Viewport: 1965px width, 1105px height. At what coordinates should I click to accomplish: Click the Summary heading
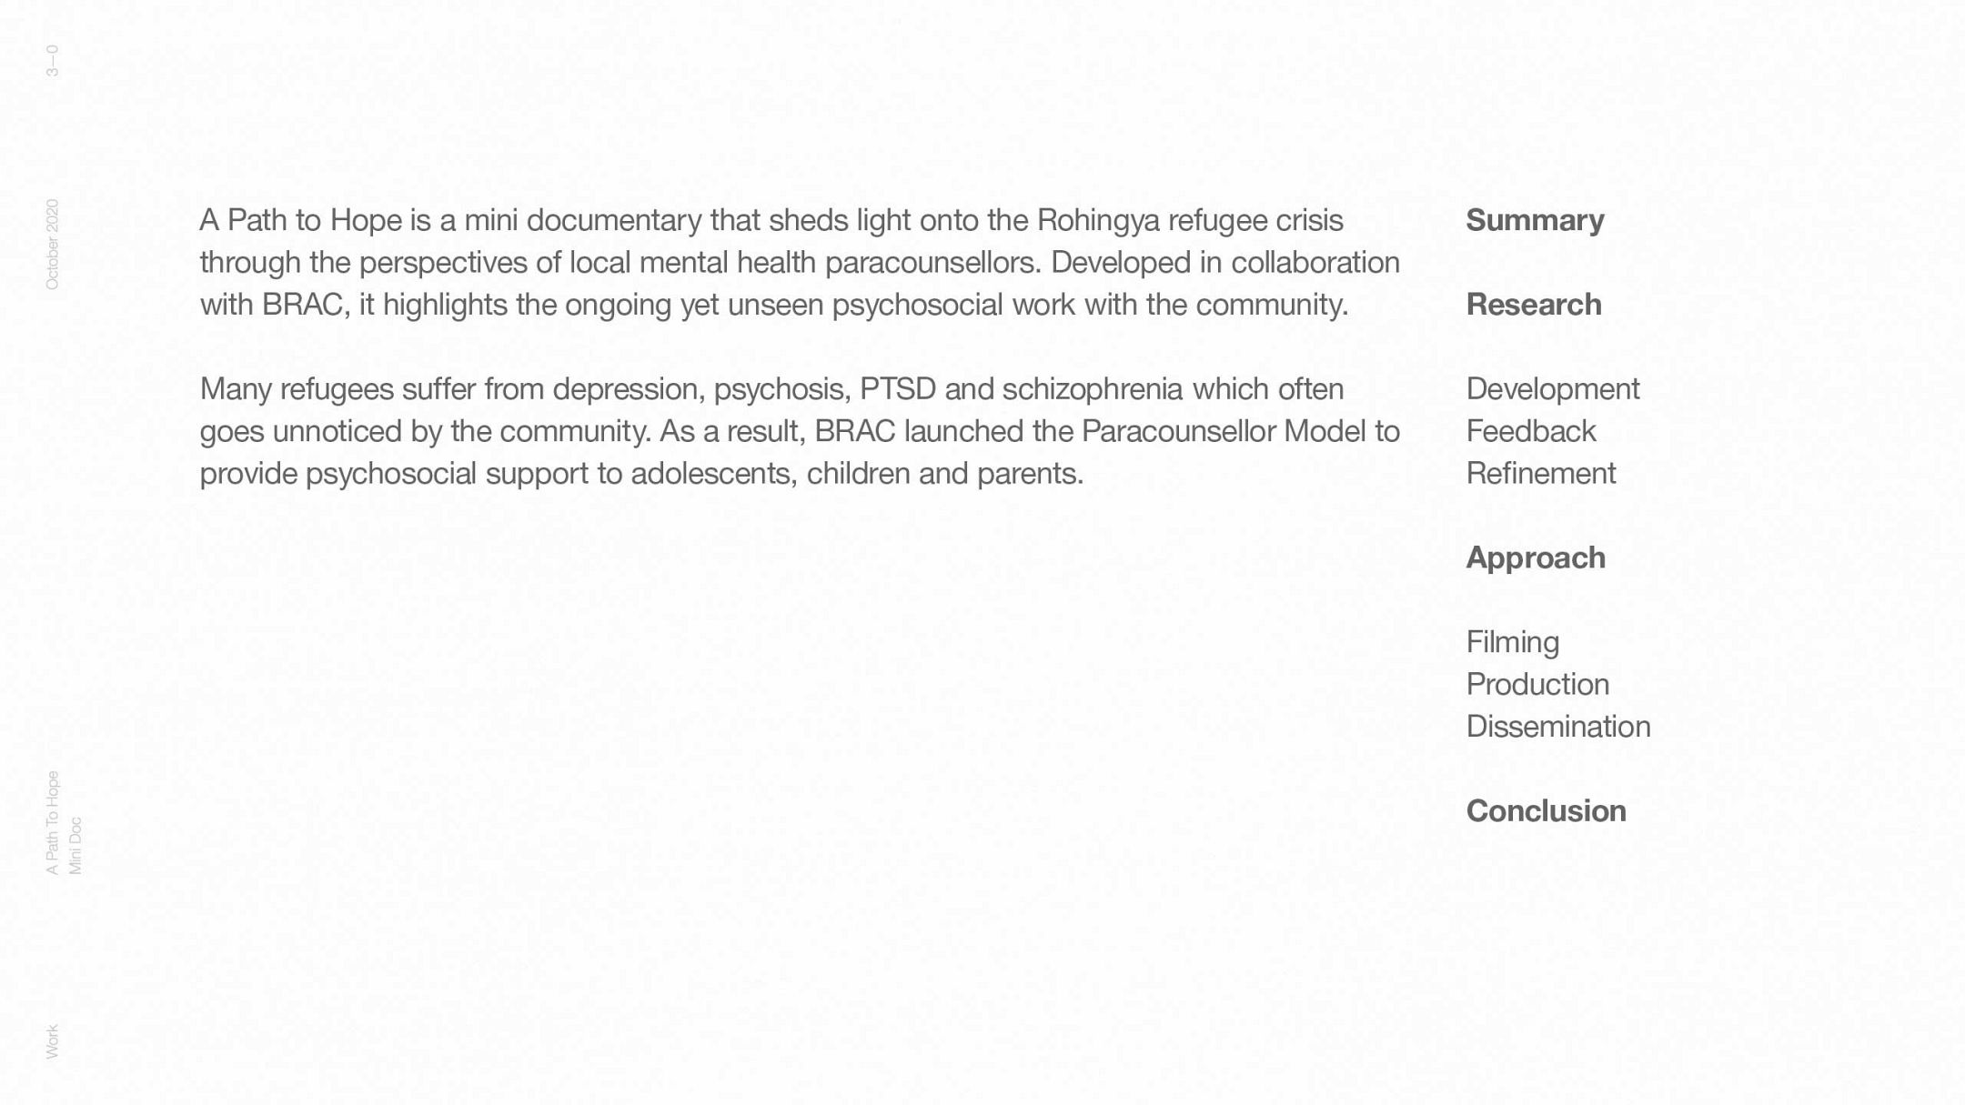pos(1535,220)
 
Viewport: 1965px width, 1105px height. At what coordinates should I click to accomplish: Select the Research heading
pos(1533,305)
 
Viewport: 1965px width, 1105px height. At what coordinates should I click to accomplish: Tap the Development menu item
pos(1552,389)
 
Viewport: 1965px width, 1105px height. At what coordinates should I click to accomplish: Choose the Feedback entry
pos(1530,431)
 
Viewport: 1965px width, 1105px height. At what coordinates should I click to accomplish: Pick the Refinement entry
pos(1540,474)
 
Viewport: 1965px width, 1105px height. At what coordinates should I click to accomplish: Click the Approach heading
pos(1535,558)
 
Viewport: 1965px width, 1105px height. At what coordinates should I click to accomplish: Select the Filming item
pos(1512,642)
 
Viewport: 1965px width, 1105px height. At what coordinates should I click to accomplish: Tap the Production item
pos(1537,684)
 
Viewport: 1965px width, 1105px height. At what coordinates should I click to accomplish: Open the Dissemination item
pos(1557,727)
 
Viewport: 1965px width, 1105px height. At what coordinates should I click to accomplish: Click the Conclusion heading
pos(1546,811)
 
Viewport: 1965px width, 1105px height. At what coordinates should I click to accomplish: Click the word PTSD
pos(897,389)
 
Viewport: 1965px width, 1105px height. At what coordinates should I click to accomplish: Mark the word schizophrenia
pos(1092,389)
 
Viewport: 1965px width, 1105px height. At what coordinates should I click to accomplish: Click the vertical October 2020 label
pos(52,245)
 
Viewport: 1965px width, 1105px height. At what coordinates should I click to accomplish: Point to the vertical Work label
pos(52,1041)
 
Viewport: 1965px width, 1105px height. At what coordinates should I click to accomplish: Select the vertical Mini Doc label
pos(76,846)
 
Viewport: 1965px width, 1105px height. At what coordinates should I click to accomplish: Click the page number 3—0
pos(52,60)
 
